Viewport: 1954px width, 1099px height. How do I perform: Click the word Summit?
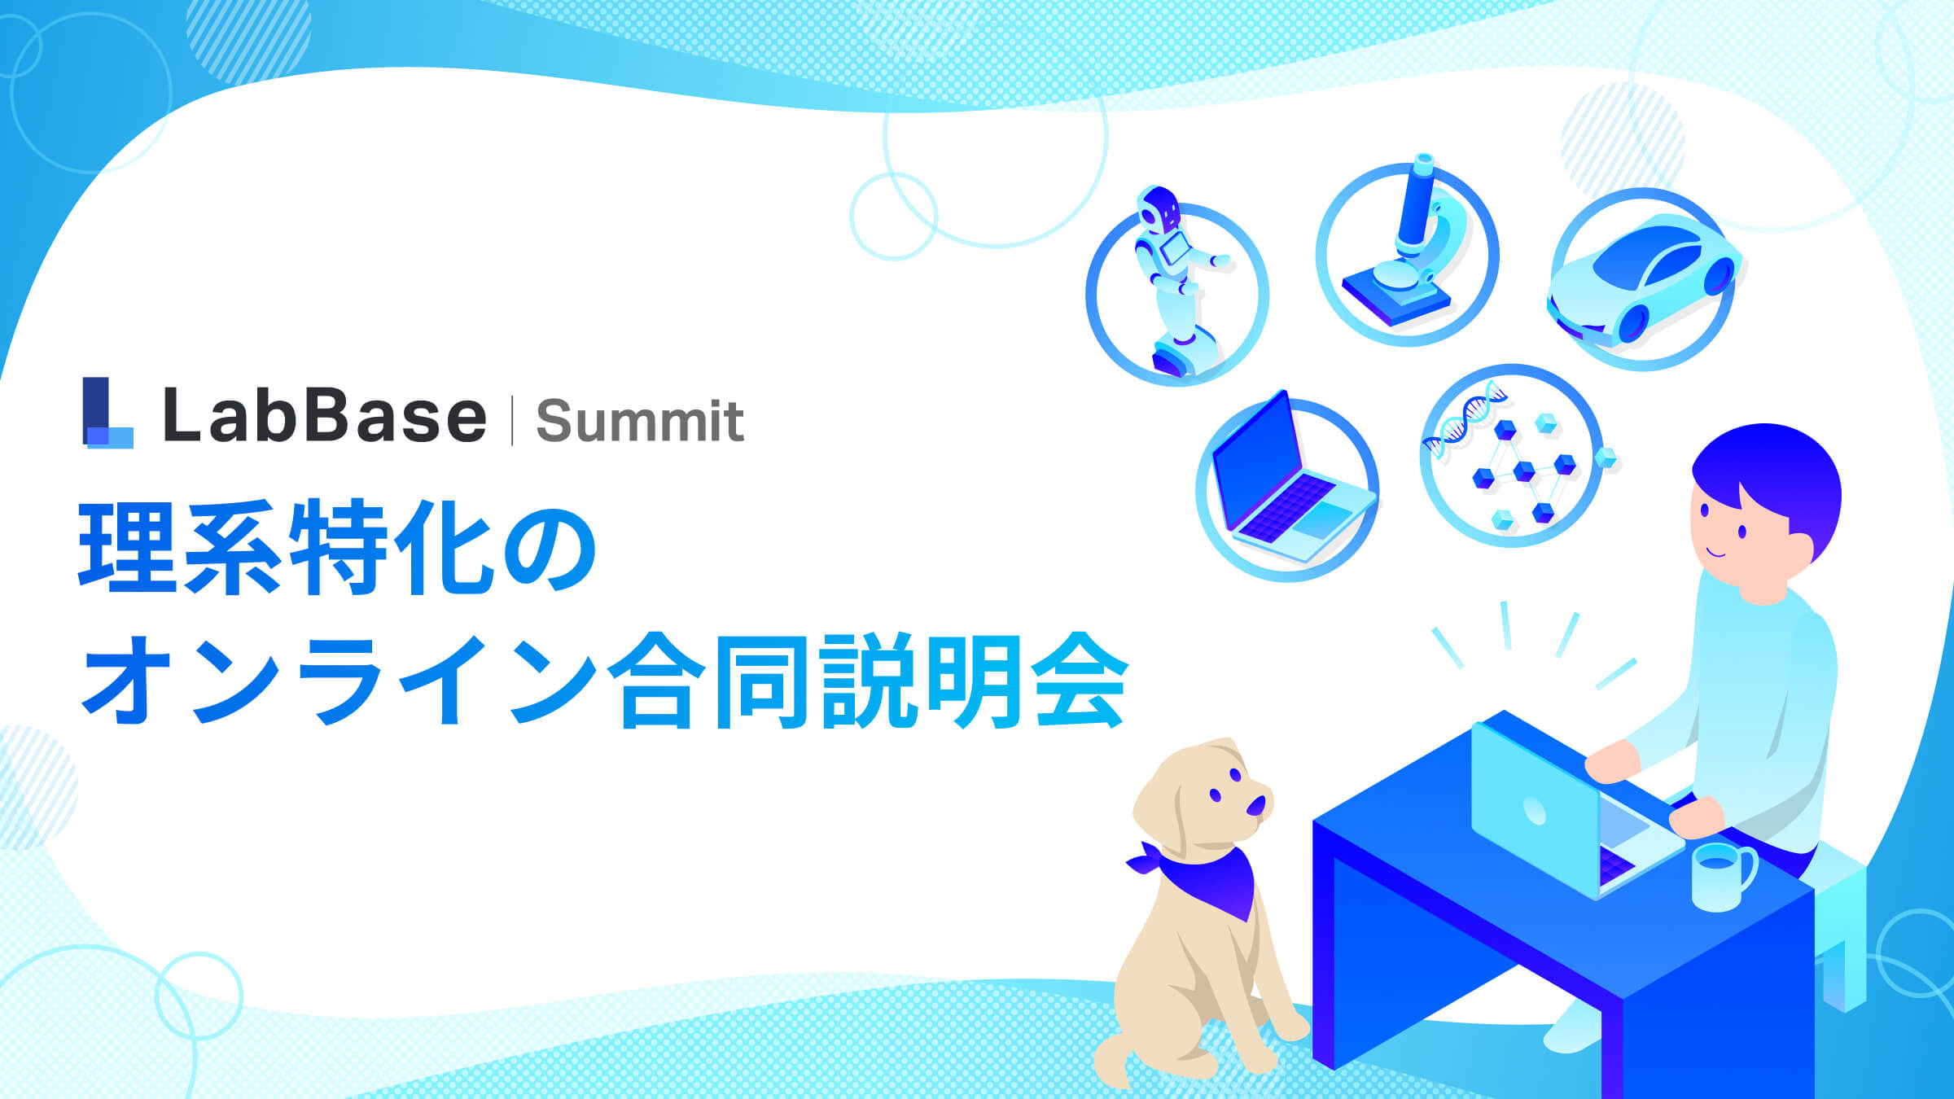point(640,422)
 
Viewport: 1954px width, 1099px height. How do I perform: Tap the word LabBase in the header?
point(324,416)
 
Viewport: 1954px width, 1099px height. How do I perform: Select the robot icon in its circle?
point(1176,285)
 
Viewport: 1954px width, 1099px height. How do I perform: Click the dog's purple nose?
point(1256,805)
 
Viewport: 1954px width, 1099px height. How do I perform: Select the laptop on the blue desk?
point(1547,806)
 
